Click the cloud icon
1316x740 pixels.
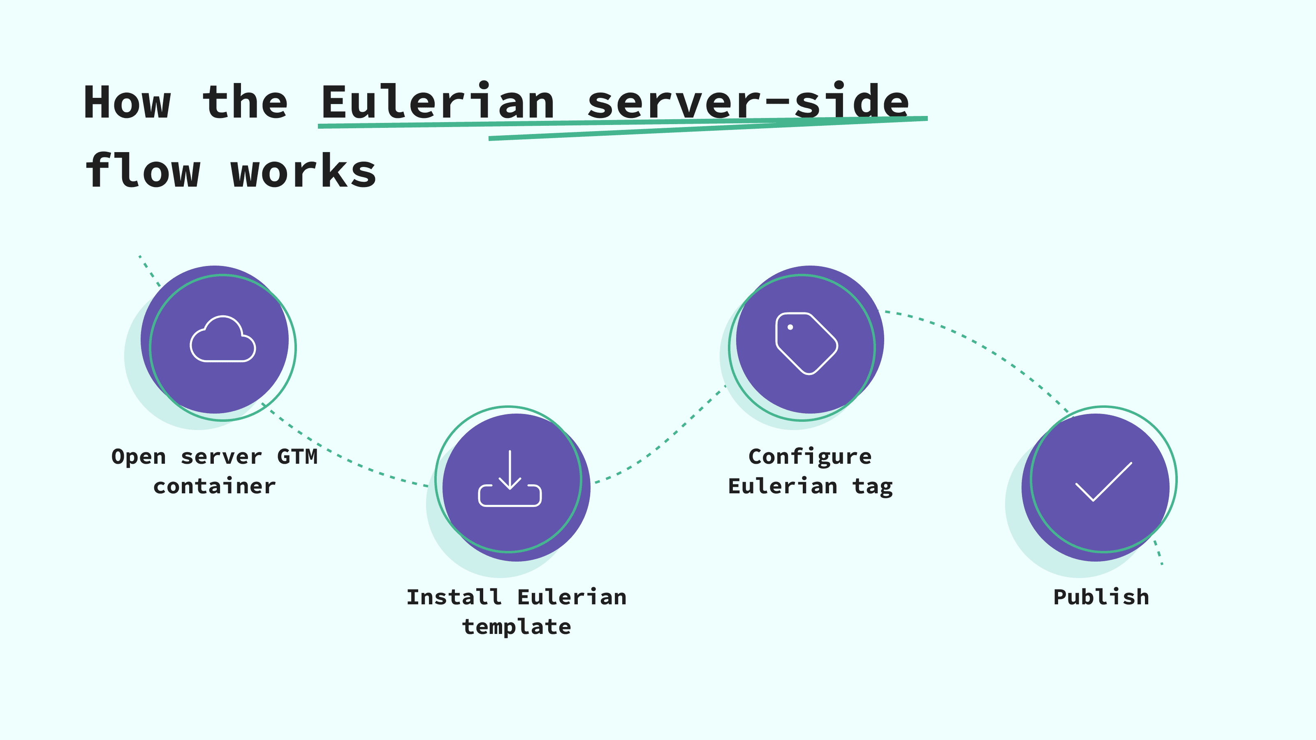coord(223,339)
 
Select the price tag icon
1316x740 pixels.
coord(806,343)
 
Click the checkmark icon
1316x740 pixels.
coord(1103,481)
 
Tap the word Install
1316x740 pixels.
coord(454,597)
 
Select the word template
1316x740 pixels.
coord(517,627)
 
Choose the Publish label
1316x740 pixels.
coord(1101,597)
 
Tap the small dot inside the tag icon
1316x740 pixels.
coord(790,327)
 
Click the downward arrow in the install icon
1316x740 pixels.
coord(510,470)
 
